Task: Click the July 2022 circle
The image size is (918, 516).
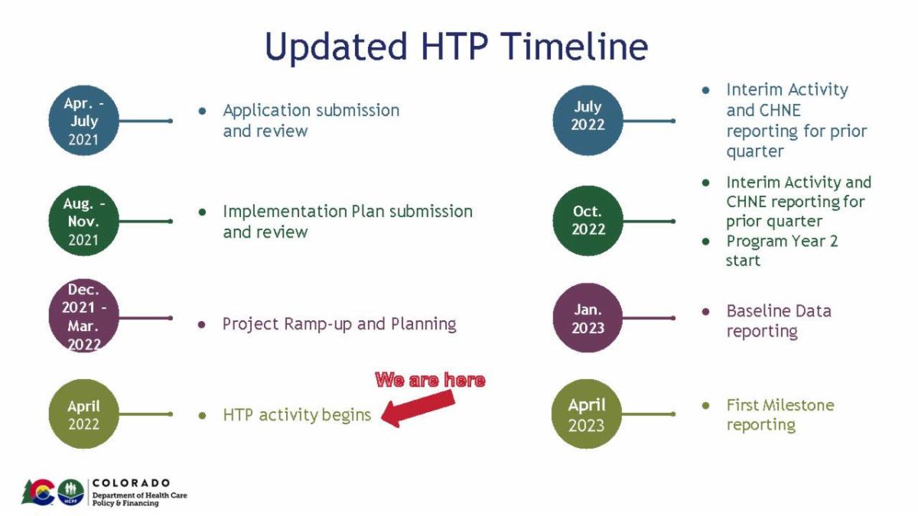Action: (x=588, y=119)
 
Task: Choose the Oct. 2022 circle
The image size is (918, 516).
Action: (x=588, y=220)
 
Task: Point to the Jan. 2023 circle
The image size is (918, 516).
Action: (x=588, y=318)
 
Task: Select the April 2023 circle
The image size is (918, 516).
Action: (x=588, y=414)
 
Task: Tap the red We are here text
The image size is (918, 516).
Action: (x=430, y=380)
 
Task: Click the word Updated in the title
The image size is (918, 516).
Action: (x=337, y=47)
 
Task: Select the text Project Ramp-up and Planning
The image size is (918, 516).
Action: (x=339, y=324)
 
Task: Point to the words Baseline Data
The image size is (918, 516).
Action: (x=778, y=311)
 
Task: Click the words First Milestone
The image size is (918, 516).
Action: (x=780, y=405)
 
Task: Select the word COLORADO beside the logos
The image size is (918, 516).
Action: (x=131, y=483)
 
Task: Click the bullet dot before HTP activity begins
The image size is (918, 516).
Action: (x=202, y=416)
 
